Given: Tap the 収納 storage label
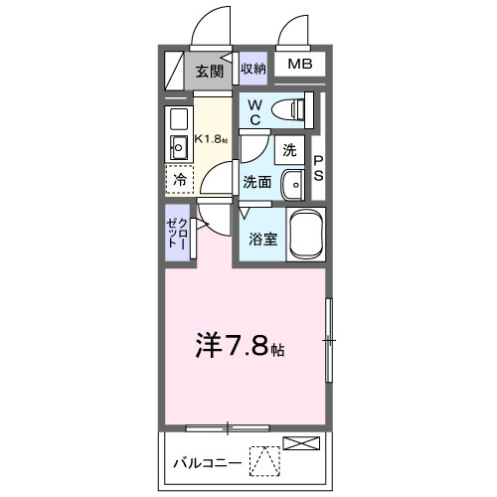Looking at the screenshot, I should tap(253, 69).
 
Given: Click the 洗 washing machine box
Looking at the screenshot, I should tap(289, 150).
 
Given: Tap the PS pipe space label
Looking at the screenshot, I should tap(319, 168).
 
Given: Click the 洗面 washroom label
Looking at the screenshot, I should tap(257, 183).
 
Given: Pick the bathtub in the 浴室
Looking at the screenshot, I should tap(306, 235).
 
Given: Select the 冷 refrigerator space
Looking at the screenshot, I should tap(180, 182).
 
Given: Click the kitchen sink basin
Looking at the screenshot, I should tap(179, 149).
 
